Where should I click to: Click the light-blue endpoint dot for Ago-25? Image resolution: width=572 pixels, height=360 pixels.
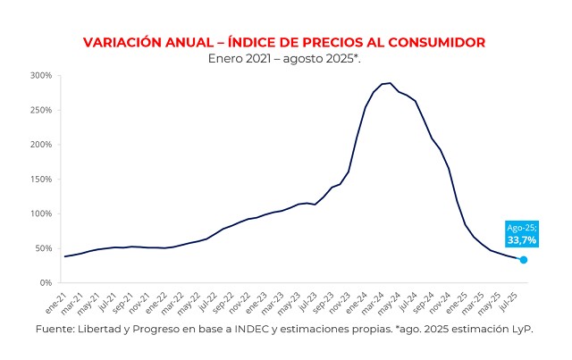coord(524,260)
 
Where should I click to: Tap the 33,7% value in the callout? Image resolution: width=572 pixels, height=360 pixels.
coord(522,240)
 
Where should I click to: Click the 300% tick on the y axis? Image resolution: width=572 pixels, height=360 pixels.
coord(42,75)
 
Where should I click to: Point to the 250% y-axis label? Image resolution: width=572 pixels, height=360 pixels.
coord(42,110)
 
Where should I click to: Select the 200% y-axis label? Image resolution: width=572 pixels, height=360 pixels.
coord(42,145)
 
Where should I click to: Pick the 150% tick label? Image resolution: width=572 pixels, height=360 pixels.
coord(42,179)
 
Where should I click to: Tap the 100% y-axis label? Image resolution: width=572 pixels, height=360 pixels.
coord(42,213)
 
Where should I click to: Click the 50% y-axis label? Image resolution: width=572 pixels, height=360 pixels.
coord(44,248)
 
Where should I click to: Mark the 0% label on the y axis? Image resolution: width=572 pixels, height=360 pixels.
coord(46,283)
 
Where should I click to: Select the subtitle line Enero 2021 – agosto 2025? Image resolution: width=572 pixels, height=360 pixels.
coord(284,58)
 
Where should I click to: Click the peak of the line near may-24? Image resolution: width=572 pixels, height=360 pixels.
coord(390,83)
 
